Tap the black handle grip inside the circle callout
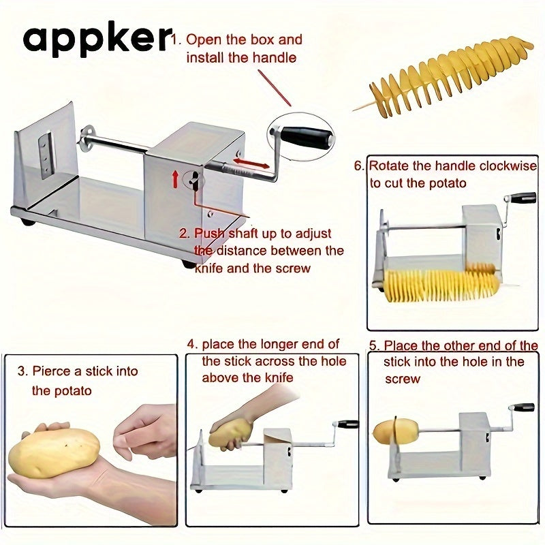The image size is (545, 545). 306,137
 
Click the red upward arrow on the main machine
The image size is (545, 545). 176,179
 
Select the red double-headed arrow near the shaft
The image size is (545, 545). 251,163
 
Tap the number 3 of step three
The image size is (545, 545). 22,371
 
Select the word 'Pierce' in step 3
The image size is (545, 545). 52,371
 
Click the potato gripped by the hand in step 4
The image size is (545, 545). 230,433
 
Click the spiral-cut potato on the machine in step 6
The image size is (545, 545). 442,283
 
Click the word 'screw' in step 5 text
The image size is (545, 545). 403,379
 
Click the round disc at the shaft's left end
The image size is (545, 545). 87,139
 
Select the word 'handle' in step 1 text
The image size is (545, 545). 275,57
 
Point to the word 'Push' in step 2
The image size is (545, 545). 209,233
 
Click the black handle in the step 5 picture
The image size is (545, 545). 523,407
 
